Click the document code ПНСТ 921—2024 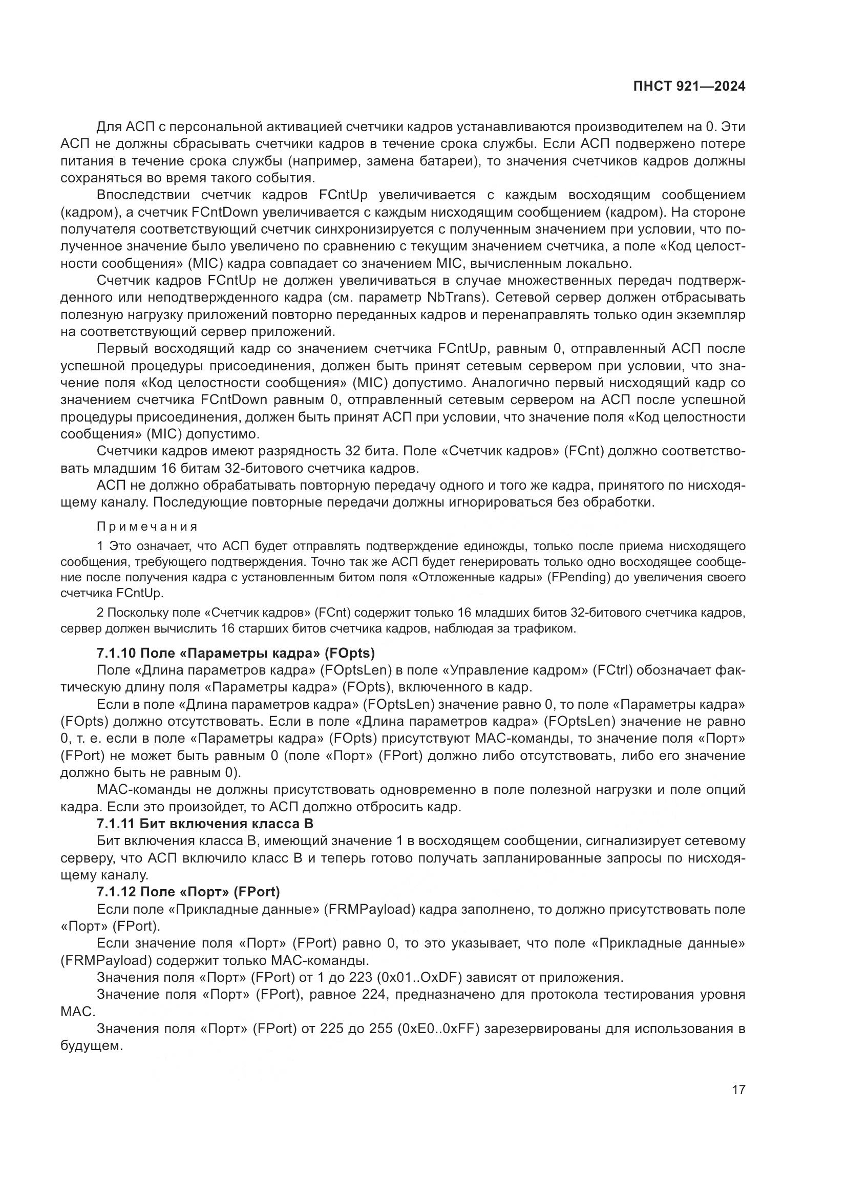click(x=689, y=87)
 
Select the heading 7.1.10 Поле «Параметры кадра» click(x=236, y=653)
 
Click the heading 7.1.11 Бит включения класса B click(x=205, y=824)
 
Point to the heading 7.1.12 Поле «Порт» click(x=188, y=892)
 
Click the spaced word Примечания click(x=147, y=526)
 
